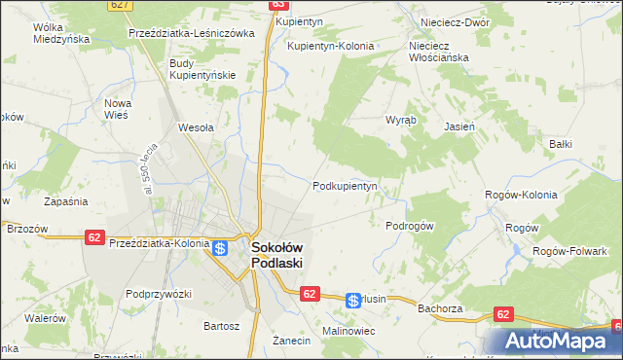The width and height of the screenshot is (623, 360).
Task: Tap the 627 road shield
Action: (x=121, y=5)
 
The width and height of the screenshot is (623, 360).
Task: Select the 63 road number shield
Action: (x=275, y=5)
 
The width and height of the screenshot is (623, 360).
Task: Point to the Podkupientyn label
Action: (x=345, y=186)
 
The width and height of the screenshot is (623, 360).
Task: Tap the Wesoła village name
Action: (x=196, y=126)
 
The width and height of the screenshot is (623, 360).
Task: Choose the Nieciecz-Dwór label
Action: (x=453, y=20)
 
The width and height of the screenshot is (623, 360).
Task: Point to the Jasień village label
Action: (x=459, y=126)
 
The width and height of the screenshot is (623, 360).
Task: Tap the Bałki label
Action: (x=560, y=144)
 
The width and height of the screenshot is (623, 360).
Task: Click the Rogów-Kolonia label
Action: (x=521, y=195)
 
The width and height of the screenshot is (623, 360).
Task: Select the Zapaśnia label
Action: (x=66, y=201)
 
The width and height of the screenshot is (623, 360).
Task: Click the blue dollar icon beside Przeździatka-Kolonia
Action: (x=221, y=248)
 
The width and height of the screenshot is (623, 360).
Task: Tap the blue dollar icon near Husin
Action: (x=353, y=302)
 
